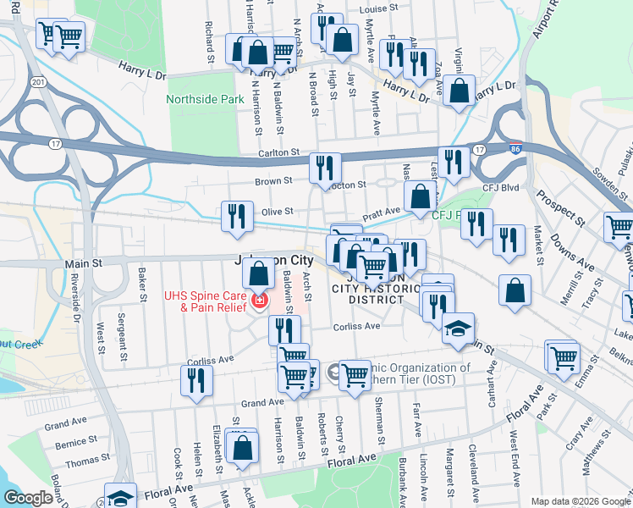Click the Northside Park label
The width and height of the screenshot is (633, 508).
(x=202, y=99)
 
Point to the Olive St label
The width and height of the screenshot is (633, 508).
(x=277, y=211)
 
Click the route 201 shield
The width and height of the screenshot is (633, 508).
(x=38, y=81)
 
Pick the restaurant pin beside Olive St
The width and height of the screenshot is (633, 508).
(x=237, y=215)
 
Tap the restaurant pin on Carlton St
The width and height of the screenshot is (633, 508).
(x=325, y=167)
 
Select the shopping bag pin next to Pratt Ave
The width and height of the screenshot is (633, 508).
(x=420, y=197)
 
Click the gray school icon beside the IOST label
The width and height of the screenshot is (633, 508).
(x=334, y=370)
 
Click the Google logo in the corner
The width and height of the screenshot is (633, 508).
(x=28, y=498)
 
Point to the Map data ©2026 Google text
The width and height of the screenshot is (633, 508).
(x=580, y=502)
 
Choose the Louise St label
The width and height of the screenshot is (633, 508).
(x=378, y=8)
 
